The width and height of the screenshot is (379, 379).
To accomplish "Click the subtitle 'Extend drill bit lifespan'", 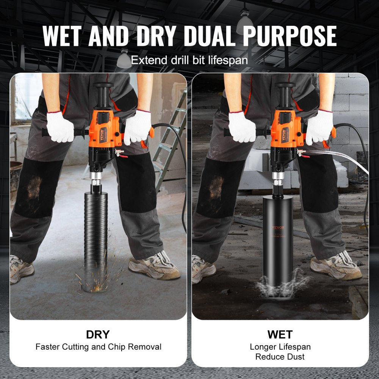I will pos(189,60).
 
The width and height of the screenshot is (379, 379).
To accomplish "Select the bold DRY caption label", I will pos(98,335).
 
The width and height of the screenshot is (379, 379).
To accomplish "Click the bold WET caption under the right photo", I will pos(280,335).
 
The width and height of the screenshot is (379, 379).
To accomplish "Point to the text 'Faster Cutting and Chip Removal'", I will pos(98,347).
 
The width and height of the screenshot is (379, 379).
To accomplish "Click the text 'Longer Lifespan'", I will pos(280,347).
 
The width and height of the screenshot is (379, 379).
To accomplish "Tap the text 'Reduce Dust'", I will pos(280,357).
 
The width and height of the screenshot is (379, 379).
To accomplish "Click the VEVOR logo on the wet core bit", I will pos(278,227).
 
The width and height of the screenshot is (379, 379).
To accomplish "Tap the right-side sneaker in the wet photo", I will pos(335,267).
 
